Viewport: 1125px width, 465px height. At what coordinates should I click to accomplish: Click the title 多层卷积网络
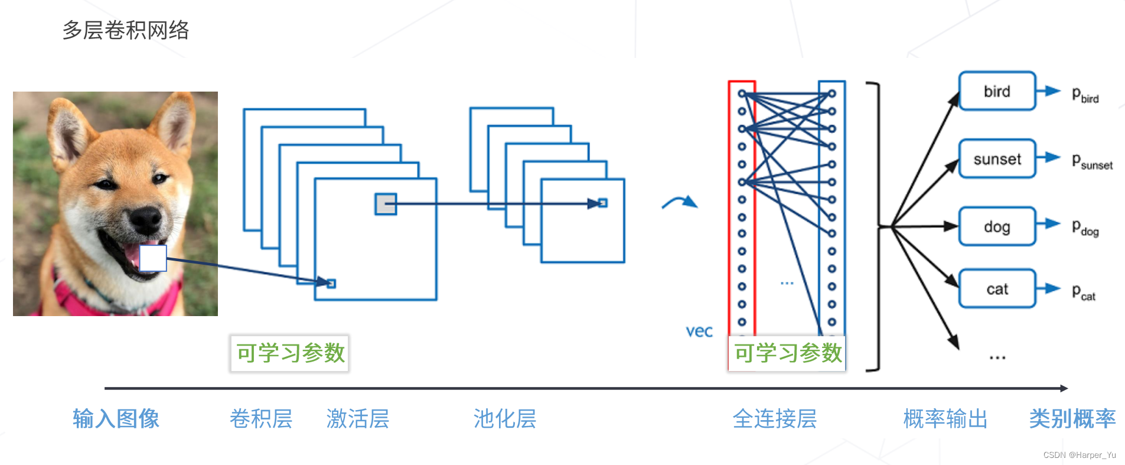pos(126,30)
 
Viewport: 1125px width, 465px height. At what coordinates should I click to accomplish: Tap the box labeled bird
pos(997,92)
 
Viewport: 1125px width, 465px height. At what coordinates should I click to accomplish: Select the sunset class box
pos(997,159)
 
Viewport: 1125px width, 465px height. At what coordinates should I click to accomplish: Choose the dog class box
pos(997,227)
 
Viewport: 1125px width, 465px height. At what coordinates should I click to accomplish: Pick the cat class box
pos(997,289)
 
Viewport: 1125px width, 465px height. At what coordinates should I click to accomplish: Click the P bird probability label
pos(1085,95)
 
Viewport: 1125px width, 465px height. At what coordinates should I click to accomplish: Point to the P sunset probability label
pos(1092,162)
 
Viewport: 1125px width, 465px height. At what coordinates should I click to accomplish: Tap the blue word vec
pos(699,331)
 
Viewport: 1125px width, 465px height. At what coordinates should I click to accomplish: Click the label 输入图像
pos(116,419)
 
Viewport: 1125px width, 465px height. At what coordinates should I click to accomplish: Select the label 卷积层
pos(261,419)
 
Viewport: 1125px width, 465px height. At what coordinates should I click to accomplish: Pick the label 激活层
pos(358,419)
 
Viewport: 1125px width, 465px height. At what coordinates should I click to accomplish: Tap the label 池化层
pos(505,419)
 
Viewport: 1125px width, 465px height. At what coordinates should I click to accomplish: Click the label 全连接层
pos(775,419)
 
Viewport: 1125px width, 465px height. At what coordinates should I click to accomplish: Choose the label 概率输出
pos(945,419)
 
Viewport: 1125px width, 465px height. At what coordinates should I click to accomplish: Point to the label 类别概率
pos(1072,419)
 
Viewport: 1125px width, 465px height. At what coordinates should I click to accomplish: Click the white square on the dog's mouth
pos(153,258)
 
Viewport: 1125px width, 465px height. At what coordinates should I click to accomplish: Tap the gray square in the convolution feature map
pos(386,204)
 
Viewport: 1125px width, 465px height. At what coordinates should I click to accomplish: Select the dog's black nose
pos(145,219)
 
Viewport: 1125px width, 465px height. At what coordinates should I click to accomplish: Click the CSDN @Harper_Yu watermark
pos(1080,455)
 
